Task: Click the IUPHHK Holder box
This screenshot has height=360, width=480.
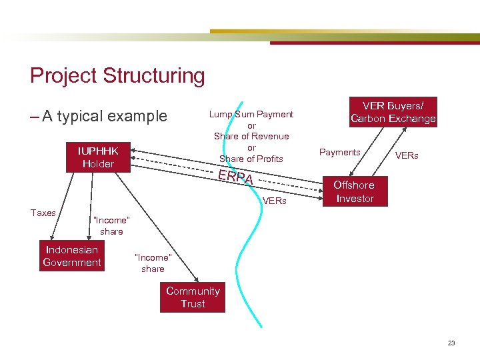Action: click(x=98, y=157)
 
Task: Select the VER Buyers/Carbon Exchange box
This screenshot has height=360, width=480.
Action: click(x=393, y=112)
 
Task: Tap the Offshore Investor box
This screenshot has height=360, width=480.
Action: click(x=354, y=191)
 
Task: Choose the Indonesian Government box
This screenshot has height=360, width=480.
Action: click(x=71, y=256)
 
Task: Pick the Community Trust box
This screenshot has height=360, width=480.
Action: click(x=192, y=297)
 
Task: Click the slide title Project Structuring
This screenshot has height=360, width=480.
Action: click(x=117, y=75)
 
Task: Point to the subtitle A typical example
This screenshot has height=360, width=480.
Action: click(x=104, y=116)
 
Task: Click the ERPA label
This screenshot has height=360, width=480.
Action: click(x=236, y=177)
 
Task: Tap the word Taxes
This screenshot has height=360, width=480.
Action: click(x=43, y=213)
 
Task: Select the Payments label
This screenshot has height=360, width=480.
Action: click(x=339, y=152)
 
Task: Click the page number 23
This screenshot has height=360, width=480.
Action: click(x=451, y=343)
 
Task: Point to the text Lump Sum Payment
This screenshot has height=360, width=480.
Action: click(x=251, y=114)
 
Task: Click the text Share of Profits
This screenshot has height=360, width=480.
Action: click(x=251, y=159)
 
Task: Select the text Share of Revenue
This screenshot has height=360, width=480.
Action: click(x=251, y=136)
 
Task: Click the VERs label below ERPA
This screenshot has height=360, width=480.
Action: click(x=275, y=200)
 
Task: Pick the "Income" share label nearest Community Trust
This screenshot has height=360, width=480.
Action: click(x=153, y=263)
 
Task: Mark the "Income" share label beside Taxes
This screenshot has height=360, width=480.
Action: click(x=111, y=225)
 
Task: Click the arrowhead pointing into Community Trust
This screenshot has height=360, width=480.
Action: click(x=195, y=281)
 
